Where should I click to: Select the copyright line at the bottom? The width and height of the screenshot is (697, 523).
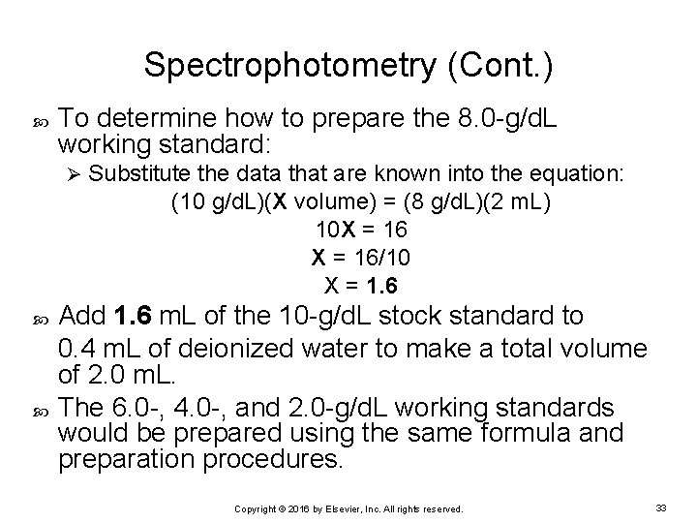(348, 508)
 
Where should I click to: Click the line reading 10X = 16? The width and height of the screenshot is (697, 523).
(362, 231)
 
